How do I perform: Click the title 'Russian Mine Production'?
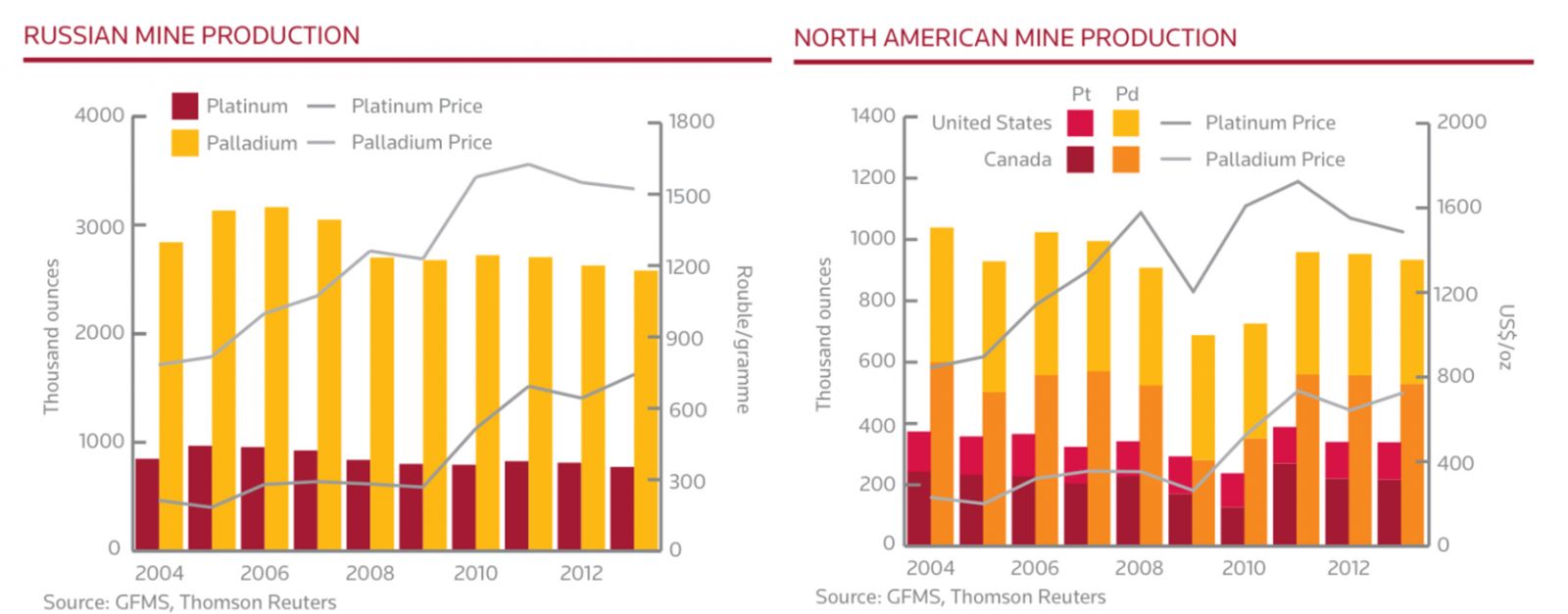click(191, 36)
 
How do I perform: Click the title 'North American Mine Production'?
click(1014, 38)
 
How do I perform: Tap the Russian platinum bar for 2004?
click(147, 503)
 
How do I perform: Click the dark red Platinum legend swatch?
click(185, 106)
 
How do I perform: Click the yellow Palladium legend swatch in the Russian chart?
click(185, 143)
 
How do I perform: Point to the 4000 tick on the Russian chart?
click(99, 116)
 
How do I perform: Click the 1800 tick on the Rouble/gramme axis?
click(691, 122)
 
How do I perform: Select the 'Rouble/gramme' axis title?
click(743, 339)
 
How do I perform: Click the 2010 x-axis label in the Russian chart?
click(474, 574)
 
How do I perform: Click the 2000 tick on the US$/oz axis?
click(1461, 122)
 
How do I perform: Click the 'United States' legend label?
click(991, 123)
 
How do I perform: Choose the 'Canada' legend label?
click(1017, 160)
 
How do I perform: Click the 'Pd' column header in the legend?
click(1127, 95)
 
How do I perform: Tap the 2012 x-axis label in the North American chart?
click(1348, 568)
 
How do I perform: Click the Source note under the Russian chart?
click(189, 602)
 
